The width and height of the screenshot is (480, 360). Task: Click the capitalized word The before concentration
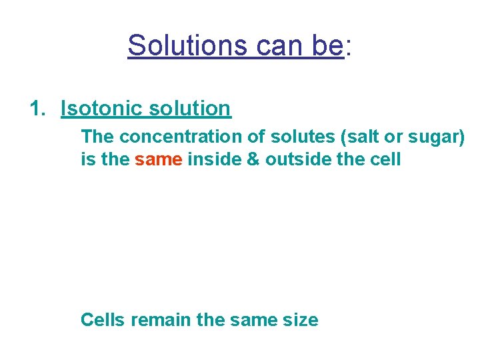(97, 137)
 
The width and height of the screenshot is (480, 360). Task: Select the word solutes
(303, 137)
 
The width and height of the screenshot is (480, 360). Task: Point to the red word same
(159, 159)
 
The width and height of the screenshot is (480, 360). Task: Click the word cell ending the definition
(385, 159)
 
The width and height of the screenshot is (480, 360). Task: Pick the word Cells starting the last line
(103, 320)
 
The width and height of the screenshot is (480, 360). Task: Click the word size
(301, 320)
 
